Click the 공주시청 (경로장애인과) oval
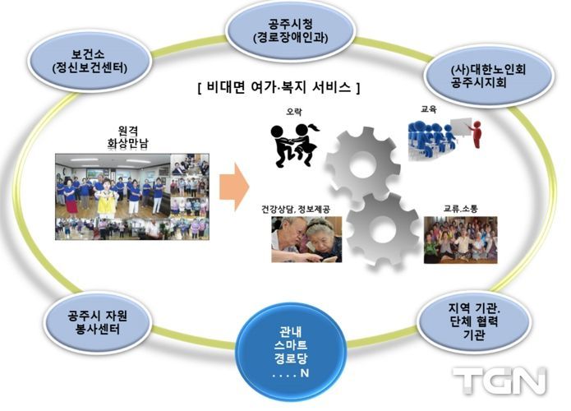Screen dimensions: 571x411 click(290, 31)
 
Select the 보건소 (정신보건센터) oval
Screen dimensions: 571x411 click(90, 61)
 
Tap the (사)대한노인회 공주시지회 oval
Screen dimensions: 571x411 click(488, 76)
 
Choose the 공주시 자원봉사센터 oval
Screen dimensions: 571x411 click(97, 322)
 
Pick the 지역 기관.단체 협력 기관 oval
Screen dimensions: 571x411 click(474, 321)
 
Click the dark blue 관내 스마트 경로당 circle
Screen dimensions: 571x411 click(290, 352)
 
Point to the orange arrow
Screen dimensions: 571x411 click(234, 187)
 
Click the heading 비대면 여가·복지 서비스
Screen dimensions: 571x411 click(279, 87)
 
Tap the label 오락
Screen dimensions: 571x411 click(293, 112)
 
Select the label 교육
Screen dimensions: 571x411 click(428, 109)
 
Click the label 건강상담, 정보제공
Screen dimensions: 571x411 click(296, 209)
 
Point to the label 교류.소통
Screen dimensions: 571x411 click(460, 209)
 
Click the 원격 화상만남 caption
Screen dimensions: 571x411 click(128, 138)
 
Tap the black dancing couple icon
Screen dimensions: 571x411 click(294, 145)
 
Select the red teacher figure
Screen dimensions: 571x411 click(476, 134)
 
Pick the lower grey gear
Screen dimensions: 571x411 click(382, 230)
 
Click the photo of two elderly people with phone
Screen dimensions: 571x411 click(306, 239)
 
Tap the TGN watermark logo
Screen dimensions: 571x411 click(500, 381)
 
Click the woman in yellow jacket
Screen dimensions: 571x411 click(107, 199)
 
